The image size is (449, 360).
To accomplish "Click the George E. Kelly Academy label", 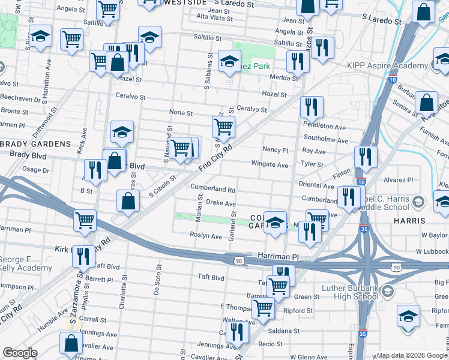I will (26, 263).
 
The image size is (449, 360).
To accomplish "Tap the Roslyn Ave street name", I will (206, 236).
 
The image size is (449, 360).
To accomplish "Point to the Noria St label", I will (181, 112).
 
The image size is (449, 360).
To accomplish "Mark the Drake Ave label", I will (221, 203).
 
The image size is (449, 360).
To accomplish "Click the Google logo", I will (20, 353).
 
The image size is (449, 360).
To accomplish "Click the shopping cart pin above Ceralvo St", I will (223, 127).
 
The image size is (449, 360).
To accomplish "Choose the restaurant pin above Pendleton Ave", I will (311, 107).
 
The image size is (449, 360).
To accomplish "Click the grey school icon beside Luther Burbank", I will (388, 292).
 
